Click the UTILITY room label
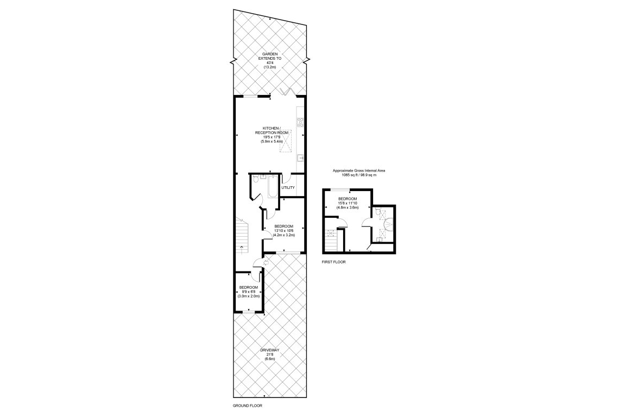pos(288,188)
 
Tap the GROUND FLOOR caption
pos(248,406)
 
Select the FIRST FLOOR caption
pos(333,262)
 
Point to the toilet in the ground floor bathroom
pos(262,176)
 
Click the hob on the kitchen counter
pos(299,122)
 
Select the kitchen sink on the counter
pos(299,159)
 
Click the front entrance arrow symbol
pos(265,263)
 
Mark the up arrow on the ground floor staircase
pos(242,249)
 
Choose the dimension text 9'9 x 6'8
pos(249,292)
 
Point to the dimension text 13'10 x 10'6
pos(284,231)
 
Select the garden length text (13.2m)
pos(270,67)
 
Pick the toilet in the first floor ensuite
pos(378,211)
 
